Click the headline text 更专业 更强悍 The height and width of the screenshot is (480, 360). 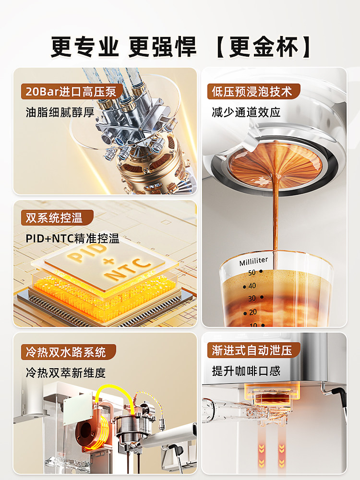click(124, 47)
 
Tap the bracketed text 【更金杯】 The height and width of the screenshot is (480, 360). click(263, 47)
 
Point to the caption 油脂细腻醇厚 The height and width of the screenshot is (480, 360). click(60, 112)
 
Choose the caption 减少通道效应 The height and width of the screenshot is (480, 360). click(246, 112)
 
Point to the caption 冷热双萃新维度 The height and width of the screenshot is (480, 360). click(66, 372)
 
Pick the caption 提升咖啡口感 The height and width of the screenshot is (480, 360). click(246, 371)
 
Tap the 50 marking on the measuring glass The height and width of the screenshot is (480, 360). click(252, 273)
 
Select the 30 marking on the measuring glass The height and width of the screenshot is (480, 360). click(252, 299)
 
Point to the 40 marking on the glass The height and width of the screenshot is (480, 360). click(252, 286)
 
